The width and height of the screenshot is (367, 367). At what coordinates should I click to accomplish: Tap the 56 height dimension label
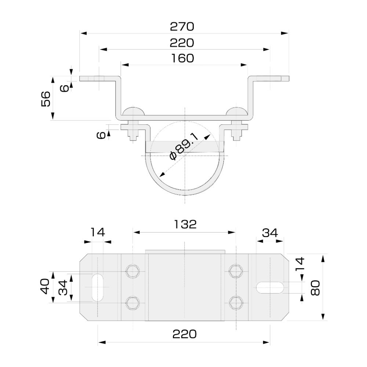coord(46,98)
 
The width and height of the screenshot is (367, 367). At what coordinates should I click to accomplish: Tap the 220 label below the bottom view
coord(185,334)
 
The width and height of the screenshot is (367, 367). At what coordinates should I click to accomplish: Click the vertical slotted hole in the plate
coord(98,287)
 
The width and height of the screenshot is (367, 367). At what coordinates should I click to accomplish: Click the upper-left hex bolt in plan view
coord(133,271)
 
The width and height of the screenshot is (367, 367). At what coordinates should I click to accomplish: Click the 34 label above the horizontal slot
coord(270,233)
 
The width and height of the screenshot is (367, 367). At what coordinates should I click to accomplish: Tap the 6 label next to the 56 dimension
coord(63,88)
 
